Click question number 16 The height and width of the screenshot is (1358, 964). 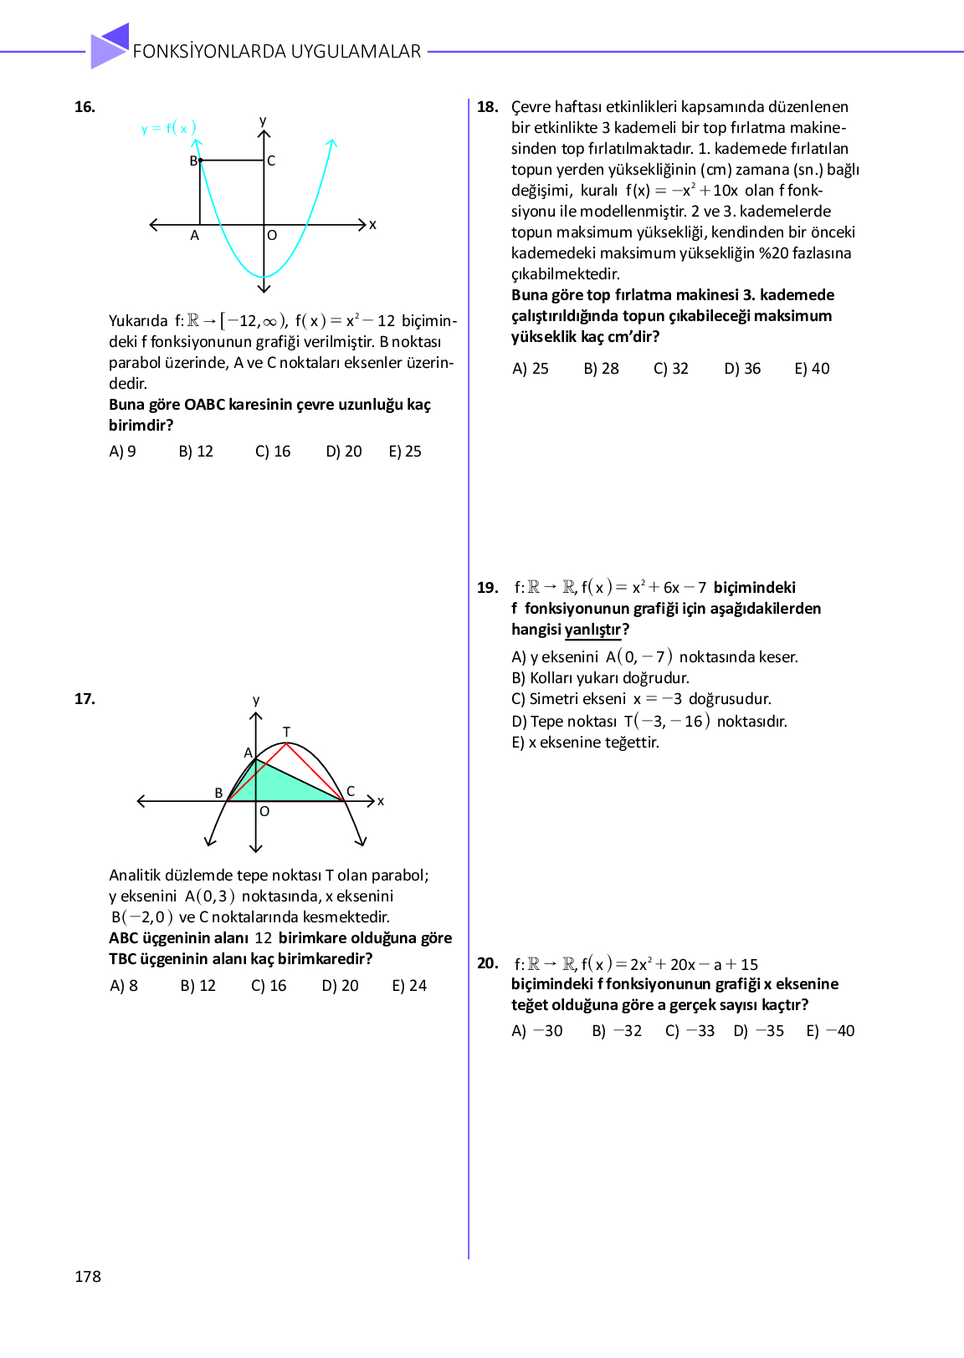click(85, 107)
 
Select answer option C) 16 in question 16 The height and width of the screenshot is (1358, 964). click(273, 452)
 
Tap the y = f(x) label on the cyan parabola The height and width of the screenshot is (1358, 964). click(169, 128)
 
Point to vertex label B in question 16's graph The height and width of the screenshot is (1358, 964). click(193, 161)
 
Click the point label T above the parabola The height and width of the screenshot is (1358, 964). click(286, 733)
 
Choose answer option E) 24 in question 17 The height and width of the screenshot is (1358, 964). click(409, 986)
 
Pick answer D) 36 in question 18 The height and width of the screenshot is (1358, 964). click(742, 369)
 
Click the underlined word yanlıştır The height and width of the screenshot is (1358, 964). click(593, 630)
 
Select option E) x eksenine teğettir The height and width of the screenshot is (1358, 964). click(585, 743)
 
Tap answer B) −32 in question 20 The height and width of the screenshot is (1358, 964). click(617, 1031)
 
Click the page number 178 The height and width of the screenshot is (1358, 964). click(88, 1276)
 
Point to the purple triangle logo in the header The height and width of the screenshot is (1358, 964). click(110, 46)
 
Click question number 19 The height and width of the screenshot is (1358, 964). click(488, 588)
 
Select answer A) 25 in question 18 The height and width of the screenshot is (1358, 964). click(531, 369)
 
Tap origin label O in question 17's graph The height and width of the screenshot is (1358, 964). click(264, 811)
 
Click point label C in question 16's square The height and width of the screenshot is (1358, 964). click(271, 161)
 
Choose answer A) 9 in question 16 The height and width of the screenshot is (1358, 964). click(122, 452)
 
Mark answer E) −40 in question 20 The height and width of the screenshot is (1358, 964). click(830, 1031)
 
